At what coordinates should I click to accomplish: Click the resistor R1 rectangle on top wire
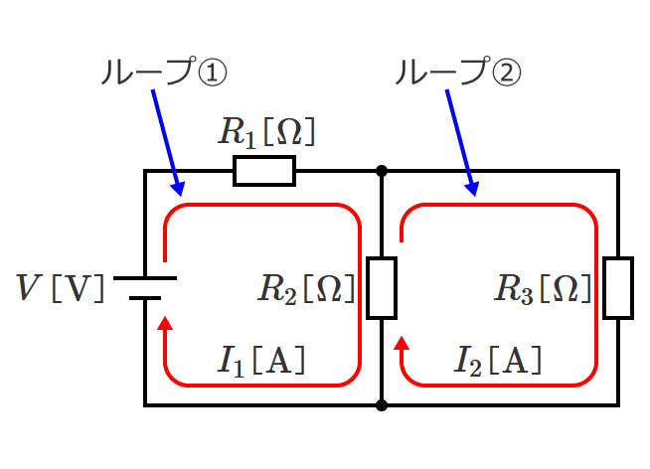click(x=264, y=171)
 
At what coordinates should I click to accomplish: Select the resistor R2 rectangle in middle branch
click(x=382, y=288)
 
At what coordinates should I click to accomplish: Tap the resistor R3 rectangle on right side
click(x=618, y=288)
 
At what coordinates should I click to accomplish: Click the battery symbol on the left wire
click(x=145, y=287)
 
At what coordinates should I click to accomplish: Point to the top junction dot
click(x=382, y=171)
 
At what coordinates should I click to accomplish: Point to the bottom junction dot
click(x=382, y=405)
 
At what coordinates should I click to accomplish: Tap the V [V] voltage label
click(x=61, y=288)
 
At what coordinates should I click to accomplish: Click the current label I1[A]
click(x=260, y=361)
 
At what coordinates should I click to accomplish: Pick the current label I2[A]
click(x=497, y=361)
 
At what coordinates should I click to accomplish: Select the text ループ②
click(x=457, y=72)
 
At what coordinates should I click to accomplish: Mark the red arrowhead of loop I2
click(x=403, y=345)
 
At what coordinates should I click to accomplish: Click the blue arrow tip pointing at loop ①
click(x=179, y=192)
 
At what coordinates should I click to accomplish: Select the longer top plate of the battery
click(x=145, y=277)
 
